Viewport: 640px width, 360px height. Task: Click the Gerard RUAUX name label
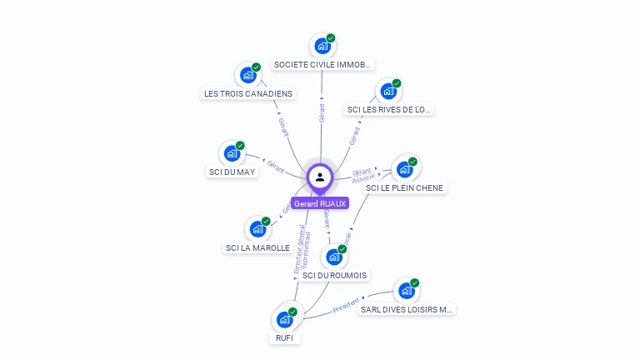click(x=319, y=203)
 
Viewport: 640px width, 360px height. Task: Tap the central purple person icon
click(x=320, y=177)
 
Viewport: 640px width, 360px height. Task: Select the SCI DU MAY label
click(x=232, y=172)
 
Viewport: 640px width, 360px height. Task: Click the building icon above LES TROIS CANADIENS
click(x=247, y=75)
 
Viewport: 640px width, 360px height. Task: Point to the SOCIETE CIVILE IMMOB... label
click(x=322, y=64)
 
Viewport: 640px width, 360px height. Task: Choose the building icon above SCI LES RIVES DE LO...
click(x=388, y=91)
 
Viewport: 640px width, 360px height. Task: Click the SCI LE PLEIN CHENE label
click(x=405, y=188)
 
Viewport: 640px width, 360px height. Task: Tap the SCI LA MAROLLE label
click(x=257, y=247)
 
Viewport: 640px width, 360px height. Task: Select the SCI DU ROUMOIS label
click(x=334, y=275)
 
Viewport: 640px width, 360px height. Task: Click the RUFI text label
click(x=284, y=338)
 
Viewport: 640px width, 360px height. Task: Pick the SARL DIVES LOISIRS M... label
click(x=406, y=309)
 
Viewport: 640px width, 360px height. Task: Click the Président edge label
click(x=346, y=305)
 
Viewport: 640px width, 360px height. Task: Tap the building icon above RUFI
click(x=284, y=319)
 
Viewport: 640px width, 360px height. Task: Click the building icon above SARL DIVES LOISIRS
click(x=406, y=291)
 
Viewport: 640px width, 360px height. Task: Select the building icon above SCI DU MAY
click(x=232, y=153)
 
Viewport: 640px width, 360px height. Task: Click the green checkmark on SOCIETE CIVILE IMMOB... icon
click(x=331, y=37)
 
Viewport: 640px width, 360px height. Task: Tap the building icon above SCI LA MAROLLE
click(x=257, y=228)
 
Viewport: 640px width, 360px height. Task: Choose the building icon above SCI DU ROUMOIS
click(x=334, y=257)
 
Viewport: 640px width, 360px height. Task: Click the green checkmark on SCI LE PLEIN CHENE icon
click(x=412, y=162)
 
